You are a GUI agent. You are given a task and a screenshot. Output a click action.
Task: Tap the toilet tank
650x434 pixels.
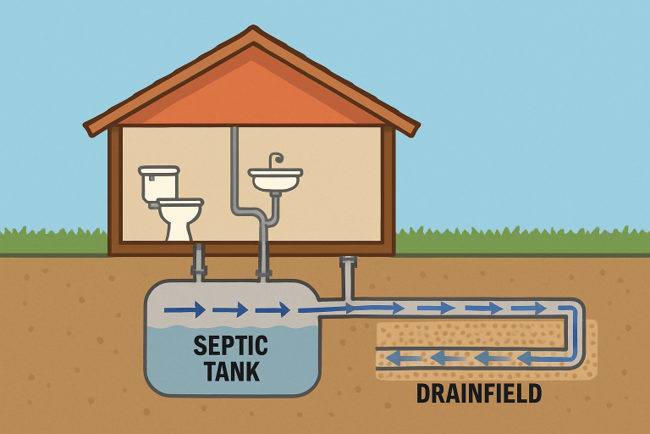pos(158,183)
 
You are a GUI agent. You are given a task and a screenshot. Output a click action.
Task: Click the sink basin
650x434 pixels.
pos(275,181)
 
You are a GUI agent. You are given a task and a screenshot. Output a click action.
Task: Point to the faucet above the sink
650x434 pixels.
pos(275,159)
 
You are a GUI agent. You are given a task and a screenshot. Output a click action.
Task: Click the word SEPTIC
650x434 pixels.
pos(230,346)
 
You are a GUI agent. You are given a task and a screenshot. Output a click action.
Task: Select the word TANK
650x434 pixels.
pos(231,371)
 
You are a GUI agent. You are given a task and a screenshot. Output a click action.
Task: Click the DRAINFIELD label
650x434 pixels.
pos(479,393)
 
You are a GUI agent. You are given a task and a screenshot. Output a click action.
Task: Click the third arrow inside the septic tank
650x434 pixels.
pos(273,309)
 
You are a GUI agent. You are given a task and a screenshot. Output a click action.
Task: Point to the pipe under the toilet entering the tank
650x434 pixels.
pos(199,263)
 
